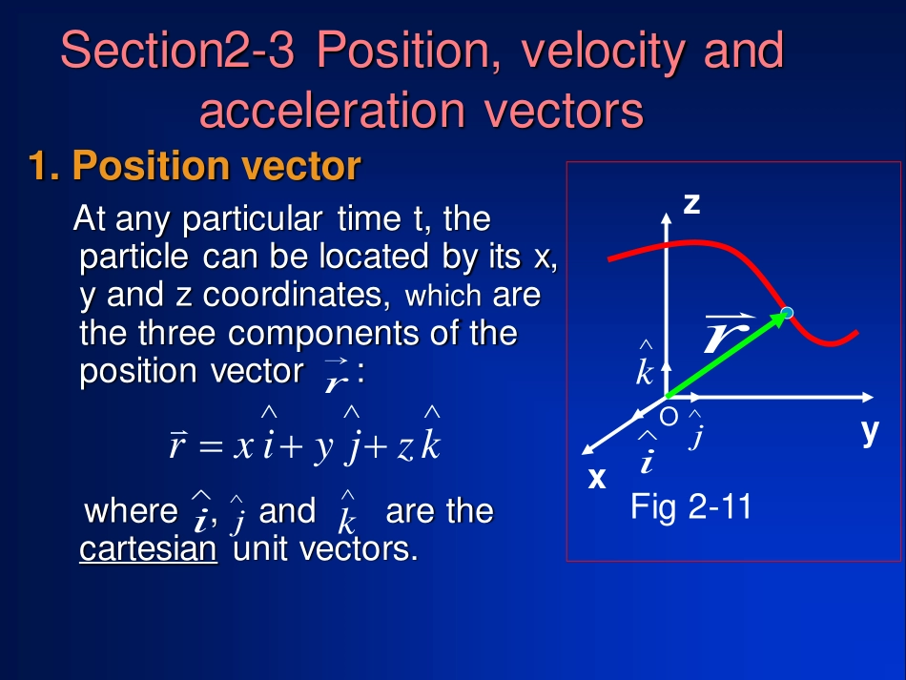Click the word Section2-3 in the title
pyautogui.click(x=177, y=50)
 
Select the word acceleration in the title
pyautogui.click(x=332, y=110)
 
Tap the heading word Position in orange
pyautogui.click(x=151, y=165)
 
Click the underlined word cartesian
pyautogui.click(x=148, y=548)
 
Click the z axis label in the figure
pyautogui.click(x=691, y=204)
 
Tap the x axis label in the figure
pyautogui.click(x=597, y=478)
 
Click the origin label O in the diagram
pyautogui.click(x=669, y=417)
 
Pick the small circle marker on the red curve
pyautogui.click(x=787, y=313)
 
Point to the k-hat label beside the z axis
pyautogui.click(x=645, y=363)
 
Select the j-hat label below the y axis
pyautogui.click(x=695, y=429)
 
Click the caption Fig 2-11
pyautogui.click(x=690, y=506)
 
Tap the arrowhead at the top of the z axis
pyautogui.click(x=667, y=217)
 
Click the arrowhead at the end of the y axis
pyautogui.click(x=868, y=397)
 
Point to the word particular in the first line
pyautogui.click(x=253, y=220)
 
